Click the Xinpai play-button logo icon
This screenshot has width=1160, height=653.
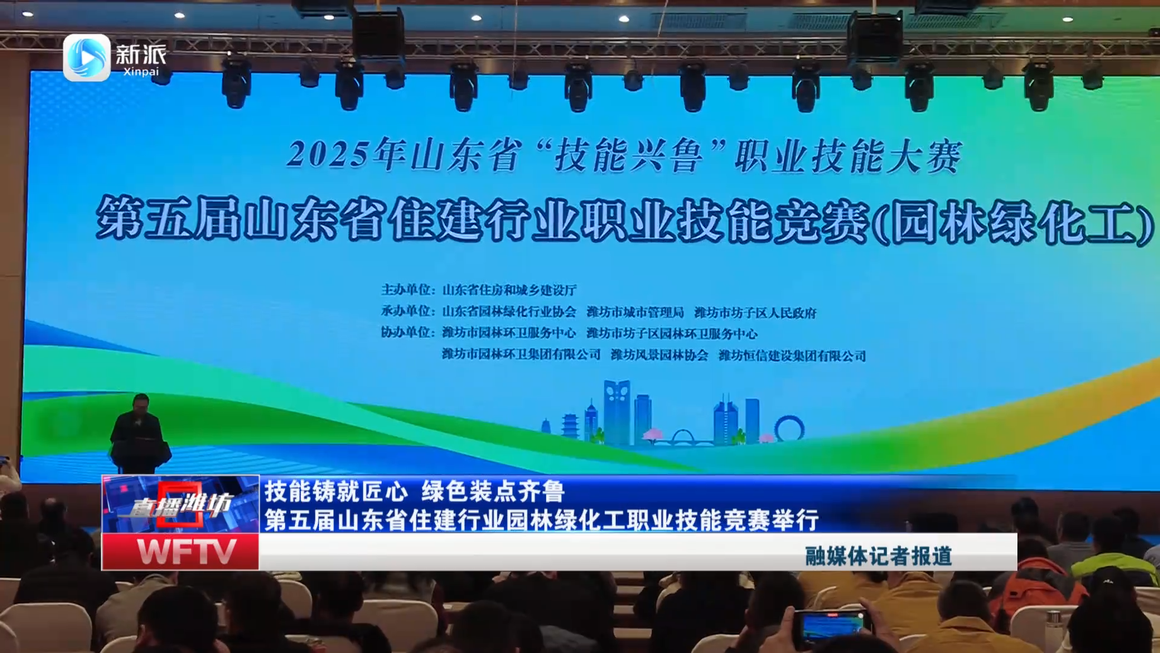click(86, 57)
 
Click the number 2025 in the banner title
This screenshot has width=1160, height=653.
click(327, 154)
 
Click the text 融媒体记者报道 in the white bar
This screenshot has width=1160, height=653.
click(878, 556)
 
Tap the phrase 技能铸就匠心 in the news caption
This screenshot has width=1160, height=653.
click(336, 491)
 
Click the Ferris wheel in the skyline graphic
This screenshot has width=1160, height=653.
click(790, 428)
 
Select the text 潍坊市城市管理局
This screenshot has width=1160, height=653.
click(635, 312)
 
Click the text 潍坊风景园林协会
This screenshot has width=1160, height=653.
click(659, 355)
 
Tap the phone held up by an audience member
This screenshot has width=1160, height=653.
click(832, 625)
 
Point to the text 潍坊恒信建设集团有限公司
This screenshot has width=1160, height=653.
click(792, 356)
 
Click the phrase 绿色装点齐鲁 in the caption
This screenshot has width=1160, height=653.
click(493, 491)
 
